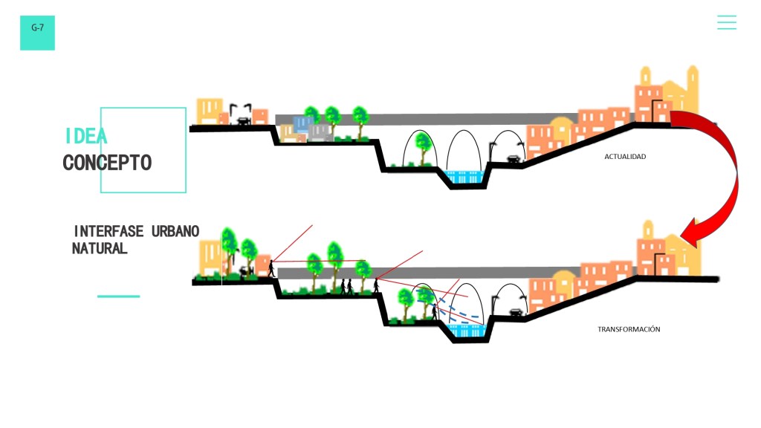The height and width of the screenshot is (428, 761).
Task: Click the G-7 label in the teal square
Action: point(37,27)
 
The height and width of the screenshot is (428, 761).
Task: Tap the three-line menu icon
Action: point(726,22)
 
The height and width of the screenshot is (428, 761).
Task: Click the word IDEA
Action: point(85,136)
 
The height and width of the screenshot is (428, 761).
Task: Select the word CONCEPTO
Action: point(107,163)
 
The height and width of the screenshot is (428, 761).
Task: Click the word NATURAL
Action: point(100,248)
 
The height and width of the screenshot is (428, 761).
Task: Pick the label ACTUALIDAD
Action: point(625,157)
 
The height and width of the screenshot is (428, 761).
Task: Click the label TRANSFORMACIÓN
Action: point(629,329)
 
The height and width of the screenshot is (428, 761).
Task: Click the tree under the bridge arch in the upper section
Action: point(423,147)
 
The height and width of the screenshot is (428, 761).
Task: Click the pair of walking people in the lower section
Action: point(346,286)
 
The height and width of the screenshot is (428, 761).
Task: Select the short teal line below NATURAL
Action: point(118,296)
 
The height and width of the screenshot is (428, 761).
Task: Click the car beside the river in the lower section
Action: point(514,314)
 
